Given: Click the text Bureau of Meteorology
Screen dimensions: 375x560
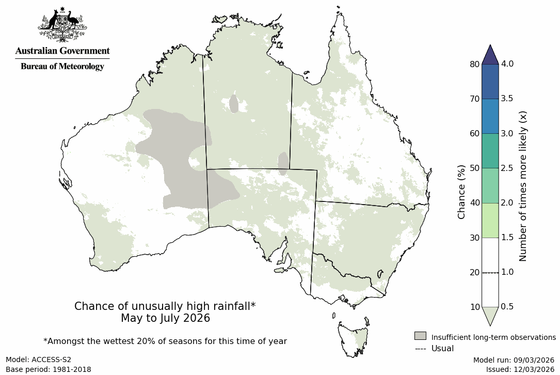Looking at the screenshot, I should tap(62, 66).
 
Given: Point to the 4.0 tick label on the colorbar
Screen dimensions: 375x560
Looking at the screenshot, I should tap(507, 64).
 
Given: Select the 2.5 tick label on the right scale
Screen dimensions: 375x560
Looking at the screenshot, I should tap(507, 168).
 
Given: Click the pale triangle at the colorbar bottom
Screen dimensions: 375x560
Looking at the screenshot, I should tap(490, 315).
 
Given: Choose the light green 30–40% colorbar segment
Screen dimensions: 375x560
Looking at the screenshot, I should tap(490, 220).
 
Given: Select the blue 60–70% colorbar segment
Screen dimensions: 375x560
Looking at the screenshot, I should tap(490, 116).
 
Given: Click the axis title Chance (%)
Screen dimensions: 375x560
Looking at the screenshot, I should tap(461, 191).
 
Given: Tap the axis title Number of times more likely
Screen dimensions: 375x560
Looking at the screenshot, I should tap(522, 186).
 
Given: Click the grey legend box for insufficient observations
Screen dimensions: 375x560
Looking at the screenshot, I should tap(420, 336).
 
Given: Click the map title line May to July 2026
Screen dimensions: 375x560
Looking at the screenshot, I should tap(165, 318).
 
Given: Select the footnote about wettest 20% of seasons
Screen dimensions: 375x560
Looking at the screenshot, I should tap(165, 341).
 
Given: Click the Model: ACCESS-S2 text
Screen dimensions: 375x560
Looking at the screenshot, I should tap(39, 360).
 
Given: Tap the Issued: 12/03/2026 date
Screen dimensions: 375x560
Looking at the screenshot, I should tap(520, 369).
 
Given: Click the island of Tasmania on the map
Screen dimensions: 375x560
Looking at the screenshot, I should tap(354, 338).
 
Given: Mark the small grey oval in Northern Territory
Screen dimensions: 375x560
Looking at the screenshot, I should tap(234, 103).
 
